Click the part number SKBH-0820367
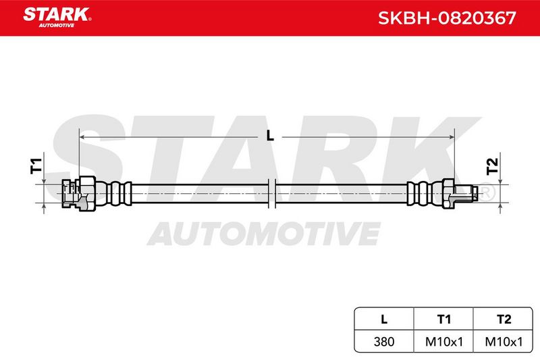tap(447, 18)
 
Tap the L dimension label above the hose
tap(270, 135)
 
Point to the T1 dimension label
tap(36, 165)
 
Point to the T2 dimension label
tap(493, 166)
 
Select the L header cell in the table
tap(384, 319)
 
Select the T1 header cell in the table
tap(443, 319)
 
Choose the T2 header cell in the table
tap(503, 319)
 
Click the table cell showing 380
tap(384, 341)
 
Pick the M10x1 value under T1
tap(443, 341)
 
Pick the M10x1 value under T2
tap(503, 341)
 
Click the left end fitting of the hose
tap(79, 193)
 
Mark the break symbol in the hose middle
tap(272, 193)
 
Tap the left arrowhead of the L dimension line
tap(82, 137)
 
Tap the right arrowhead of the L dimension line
tap(450, 137)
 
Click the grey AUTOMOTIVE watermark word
tap(264, 233)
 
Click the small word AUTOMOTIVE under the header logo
tap(57, 26)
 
